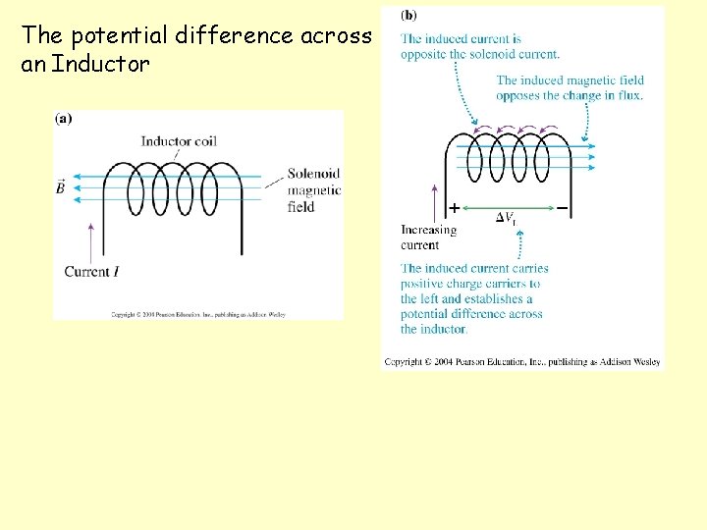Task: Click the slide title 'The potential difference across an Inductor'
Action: coord(196,50)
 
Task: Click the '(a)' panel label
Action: coord(63,119)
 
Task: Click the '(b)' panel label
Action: coord(408,16)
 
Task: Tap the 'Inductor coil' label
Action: coord(178,141)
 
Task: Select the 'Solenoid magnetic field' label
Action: coord(313,190)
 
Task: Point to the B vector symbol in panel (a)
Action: coord(61,186)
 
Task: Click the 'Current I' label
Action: coord(99,271)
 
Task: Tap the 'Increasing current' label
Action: coord(428,238)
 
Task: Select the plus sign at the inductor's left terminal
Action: coord(454,208)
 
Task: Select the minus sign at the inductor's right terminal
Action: coord(562,208)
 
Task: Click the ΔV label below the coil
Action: coord(506,218)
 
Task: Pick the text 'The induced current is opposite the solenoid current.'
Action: coord(479,46)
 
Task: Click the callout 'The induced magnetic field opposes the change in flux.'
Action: coord(569,87)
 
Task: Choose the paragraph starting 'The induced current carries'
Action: coord(473,298)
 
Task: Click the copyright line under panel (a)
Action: coord(197,314)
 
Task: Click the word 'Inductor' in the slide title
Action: coord(100,66)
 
